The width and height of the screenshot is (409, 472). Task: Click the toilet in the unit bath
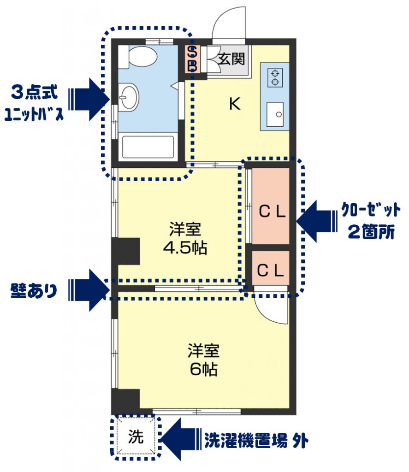(x=137, y=57)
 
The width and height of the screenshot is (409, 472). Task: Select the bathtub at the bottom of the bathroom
(x=148, y=147)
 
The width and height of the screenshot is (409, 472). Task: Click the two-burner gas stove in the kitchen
(x=275, y=77)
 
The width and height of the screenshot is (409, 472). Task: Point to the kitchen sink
(x=275, y=114)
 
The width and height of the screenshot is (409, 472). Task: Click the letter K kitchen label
(x=235, y=104)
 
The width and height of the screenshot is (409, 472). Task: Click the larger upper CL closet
(x=271, y=206)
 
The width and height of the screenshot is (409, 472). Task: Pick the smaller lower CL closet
(x=271, y=268)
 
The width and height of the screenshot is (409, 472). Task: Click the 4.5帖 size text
(x=185, y=248)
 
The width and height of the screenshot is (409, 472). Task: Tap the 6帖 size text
(x=204, y=369)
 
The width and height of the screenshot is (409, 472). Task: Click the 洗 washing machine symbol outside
(x=136, y=436)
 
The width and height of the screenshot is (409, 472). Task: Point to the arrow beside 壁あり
(x=89, y=290)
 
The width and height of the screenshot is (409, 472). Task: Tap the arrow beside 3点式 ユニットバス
(x=89, y=100)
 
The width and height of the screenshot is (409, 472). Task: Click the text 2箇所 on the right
(x=371, y=232)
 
